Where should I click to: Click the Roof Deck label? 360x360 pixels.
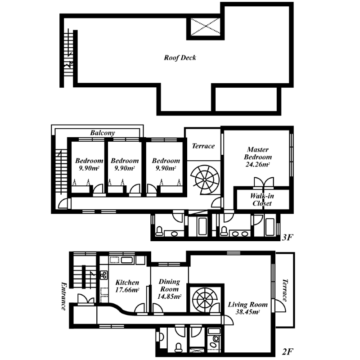[180, 58]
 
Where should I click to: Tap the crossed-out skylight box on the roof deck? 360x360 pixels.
[205, 27]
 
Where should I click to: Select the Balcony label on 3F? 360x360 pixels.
[103, 133]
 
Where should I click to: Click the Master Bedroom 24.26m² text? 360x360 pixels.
[257, 157]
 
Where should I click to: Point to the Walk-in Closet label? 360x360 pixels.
[262, 199]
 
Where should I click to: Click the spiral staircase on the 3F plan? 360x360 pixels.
[204, 180]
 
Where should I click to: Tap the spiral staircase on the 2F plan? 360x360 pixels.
[205, 299]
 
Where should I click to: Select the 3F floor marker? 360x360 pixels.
[288, 237]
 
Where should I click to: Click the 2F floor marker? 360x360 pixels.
[288, 351]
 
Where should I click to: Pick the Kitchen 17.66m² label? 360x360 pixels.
[127, 286]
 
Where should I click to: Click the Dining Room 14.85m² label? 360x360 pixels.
[169, 289]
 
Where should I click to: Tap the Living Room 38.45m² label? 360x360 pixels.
[247, 308]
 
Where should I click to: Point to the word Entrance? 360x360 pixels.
[63, 296]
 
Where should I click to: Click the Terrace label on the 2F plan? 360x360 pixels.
[285, 290]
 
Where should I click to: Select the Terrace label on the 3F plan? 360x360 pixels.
[203, 146]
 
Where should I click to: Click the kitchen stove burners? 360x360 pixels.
[103, 275]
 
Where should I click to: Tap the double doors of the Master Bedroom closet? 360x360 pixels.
[264, 182]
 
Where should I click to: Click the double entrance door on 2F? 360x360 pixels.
[86, 299]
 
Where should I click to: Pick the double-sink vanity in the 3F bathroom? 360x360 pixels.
[240, 234]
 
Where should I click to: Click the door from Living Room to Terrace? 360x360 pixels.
[279, 306]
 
